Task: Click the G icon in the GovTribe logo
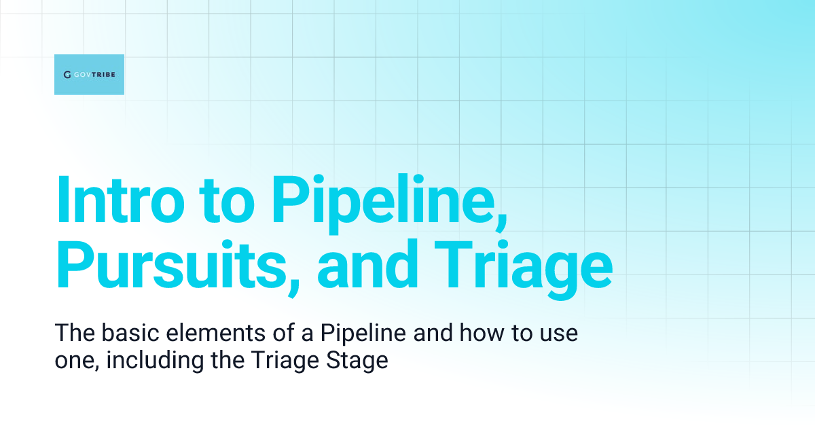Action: [67, 75]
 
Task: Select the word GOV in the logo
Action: [83, 75]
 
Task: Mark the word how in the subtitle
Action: [465, 334]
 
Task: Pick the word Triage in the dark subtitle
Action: [285, 359]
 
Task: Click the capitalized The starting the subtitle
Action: [72, 334]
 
